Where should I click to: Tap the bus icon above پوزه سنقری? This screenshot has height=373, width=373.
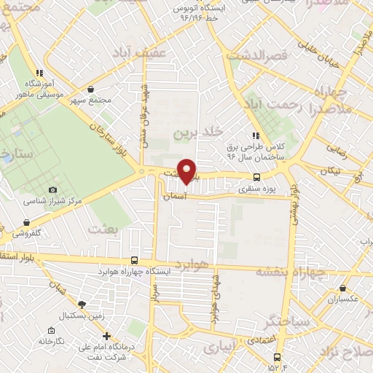pos(256,177)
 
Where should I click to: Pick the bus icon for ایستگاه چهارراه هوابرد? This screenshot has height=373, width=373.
pos(134,260)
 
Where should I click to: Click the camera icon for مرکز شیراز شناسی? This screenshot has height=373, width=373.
pos(52,189)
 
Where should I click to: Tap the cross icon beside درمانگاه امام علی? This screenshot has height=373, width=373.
pos(107,337)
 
